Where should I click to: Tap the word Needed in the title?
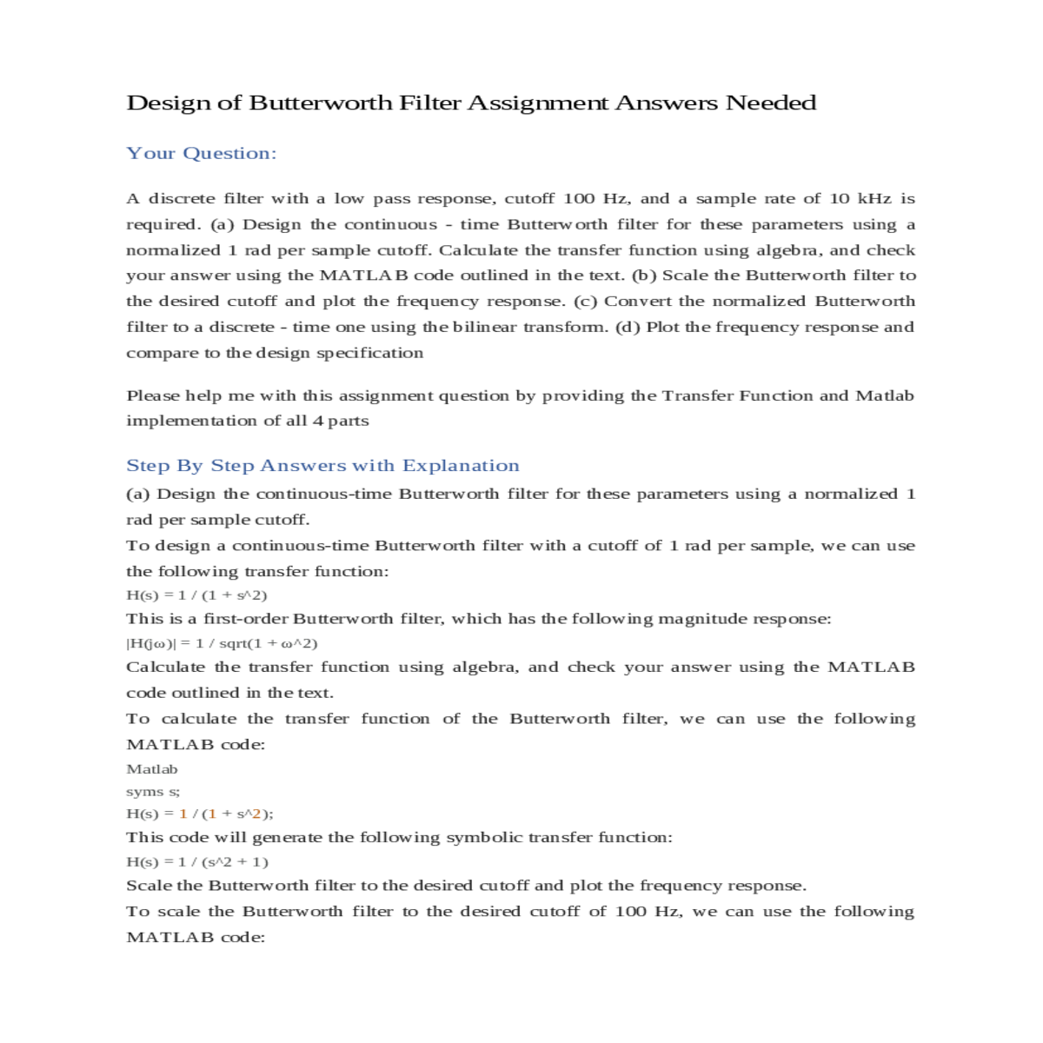(771, 103)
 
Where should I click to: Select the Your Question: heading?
(202, 154)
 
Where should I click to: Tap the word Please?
(153, 396)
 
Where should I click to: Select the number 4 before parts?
(317, 422)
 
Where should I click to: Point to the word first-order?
(245, 620)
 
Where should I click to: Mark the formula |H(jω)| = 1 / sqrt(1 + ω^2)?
(222, 644)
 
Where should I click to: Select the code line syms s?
(153, 792)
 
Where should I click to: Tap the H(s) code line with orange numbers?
(200, 814)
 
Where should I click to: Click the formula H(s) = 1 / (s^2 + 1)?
(197, 862)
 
